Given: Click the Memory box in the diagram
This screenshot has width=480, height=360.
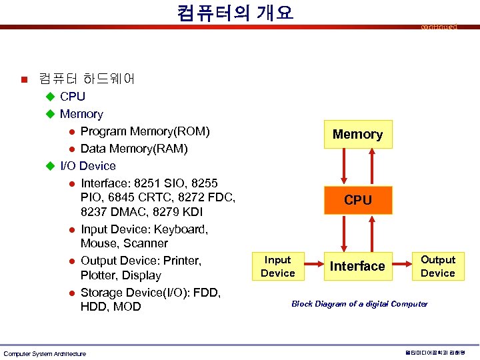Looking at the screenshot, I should [358, 134].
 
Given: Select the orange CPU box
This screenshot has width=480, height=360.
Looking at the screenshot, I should [358, 200].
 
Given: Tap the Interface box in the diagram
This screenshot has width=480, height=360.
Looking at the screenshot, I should [358, 266].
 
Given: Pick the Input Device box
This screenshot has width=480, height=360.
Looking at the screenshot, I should [277, 267].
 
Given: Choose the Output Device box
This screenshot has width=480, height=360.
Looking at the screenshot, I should [438, 266].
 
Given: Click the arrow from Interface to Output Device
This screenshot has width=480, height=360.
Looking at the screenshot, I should [401, 267].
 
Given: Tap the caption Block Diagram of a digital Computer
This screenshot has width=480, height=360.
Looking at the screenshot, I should [359, 304].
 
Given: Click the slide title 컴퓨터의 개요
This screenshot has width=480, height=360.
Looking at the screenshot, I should [235, 13].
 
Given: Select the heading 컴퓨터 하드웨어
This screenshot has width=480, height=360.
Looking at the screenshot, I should [87, 79].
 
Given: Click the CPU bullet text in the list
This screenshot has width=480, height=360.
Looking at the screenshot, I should [73, 97].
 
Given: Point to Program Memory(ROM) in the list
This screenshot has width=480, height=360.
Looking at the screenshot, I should [145, 131].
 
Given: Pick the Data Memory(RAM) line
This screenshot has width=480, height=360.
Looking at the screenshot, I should [134, 148].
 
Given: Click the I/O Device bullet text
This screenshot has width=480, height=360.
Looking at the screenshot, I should [88, 165].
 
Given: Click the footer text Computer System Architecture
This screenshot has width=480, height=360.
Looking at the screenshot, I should [45, 353].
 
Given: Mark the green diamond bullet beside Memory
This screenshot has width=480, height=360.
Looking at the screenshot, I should [49, 114].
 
